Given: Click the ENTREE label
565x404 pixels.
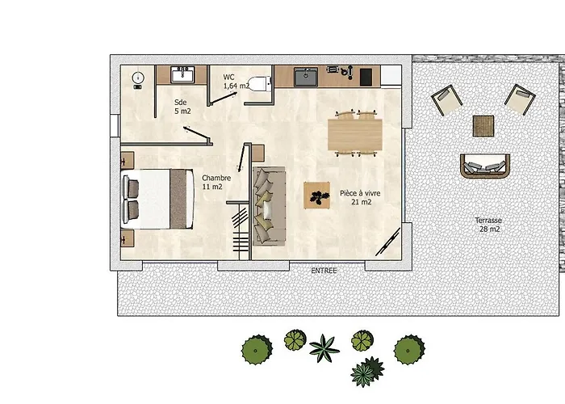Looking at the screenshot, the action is (324, 271).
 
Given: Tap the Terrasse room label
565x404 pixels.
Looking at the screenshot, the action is (488, 221).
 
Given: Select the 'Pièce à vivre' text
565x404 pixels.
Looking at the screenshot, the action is (360, 193).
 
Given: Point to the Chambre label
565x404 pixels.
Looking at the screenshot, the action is (216, 178).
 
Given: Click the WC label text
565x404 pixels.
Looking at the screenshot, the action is (228, 77).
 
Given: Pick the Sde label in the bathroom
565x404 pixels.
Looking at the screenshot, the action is (181, 102).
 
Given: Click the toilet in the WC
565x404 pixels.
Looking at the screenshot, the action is (259, 84).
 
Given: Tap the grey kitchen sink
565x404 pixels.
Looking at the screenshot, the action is (306, 78).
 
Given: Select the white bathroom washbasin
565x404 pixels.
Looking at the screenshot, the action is (182, 75).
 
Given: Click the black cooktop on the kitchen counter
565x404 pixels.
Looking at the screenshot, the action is (366, 77).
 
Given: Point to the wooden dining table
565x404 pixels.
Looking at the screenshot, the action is (355, 135).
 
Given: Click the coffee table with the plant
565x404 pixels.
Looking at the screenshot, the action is (316, 196).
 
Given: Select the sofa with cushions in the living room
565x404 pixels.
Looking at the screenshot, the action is (269, 206).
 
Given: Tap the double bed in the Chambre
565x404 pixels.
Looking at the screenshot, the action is (158, 199).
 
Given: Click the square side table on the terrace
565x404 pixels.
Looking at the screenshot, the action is (483, 126).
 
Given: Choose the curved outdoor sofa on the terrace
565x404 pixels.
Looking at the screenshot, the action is (485, 166).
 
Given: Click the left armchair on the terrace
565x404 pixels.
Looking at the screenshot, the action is (446, 100).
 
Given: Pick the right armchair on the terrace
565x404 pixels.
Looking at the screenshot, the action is (520, 99).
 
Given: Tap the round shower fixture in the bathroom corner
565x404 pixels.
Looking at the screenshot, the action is (138, 78).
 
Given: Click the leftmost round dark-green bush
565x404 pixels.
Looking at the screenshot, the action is (257, 350).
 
